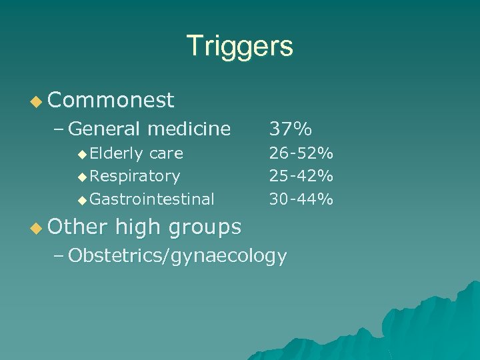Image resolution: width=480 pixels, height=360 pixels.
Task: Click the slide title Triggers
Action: pyautogui.click(x=240, y=47)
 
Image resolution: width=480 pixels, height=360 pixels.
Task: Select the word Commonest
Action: pyautogui.click(x=111, y=100)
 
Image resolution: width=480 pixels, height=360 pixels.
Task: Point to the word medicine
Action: pyautogui.click(x=189, y=128)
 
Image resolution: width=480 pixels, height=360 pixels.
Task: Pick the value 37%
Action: pyautogui.click(x=290, y=128)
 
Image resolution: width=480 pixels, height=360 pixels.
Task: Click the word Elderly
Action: pyautogui.click(x=117, y=153)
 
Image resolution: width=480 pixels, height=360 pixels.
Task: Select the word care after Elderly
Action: pyautogui.click(x=166, y=153)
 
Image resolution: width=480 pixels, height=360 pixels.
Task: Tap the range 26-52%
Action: pyautogui.click(x=301, y=153)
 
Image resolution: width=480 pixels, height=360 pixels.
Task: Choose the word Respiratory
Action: pyautogui.click(x=135, y=176)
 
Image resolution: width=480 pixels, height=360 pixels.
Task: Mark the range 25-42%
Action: pyautogui.click(x=301, y=176)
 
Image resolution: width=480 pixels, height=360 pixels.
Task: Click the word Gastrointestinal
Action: pyautogui.click(x=152, y=199)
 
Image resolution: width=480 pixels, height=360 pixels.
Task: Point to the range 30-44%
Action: pyautogui.click(x=301, y=199)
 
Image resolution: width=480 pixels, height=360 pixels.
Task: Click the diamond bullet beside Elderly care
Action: pyautogui.click(x=82, y=154)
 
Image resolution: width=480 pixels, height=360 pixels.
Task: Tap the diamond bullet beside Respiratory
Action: pyautogui.click(x=82, y=177)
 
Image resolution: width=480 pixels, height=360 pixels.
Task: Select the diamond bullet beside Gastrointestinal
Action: pyautogui.click(x=82, y=199)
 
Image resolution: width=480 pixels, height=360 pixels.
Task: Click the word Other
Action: pyautogui.click(x=77, y=227)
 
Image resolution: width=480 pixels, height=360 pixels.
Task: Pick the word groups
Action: pyautogui.click(x=204, y=227)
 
